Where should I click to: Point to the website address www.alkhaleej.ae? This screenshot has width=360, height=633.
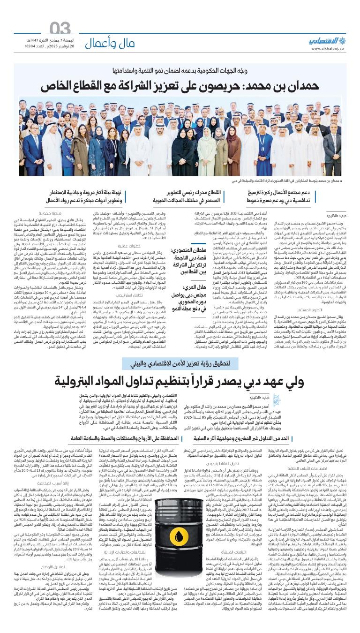pos(326,49)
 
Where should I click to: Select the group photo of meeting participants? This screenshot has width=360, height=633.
pos(180,136)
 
